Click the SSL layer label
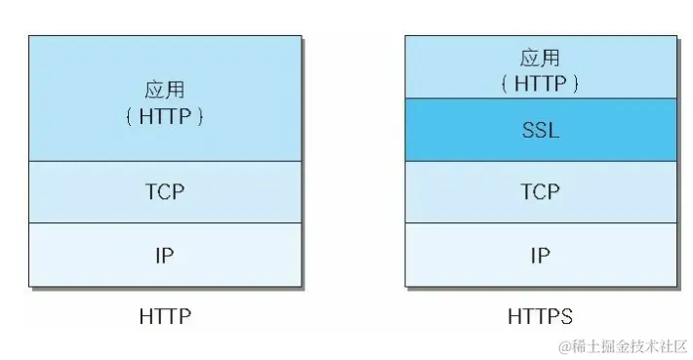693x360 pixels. [x=540, y=130]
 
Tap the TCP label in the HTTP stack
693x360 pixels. [x=165, y=192]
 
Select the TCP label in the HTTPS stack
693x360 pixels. [x=540, y=192]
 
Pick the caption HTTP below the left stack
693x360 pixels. [x=165, y=317]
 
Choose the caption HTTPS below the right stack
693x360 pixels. [x=540, y=317]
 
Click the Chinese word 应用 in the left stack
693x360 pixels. [x=165, y=91]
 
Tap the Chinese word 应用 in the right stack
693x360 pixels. [x=540, y=59]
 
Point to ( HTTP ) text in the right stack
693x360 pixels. [x=540, y=84]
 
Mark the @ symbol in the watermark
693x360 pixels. [x=564, y=347]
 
